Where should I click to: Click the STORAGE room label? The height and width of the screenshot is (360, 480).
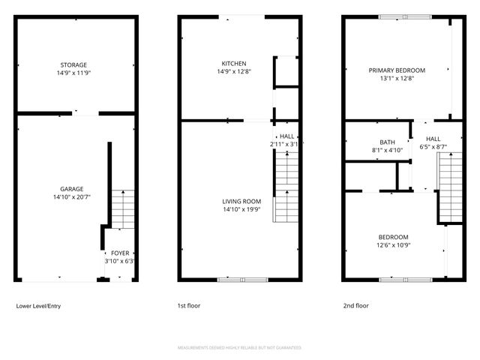73,65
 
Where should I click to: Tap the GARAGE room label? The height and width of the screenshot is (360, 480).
72,189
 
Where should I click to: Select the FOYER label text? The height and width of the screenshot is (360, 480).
119,253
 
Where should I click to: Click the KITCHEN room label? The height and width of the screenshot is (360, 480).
233,63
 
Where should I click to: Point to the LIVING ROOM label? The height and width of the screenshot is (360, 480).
241,201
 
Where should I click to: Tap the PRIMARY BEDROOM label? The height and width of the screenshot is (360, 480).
396,70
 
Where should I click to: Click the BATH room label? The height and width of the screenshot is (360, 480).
387,142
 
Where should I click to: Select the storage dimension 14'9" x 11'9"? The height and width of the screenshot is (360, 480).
73,73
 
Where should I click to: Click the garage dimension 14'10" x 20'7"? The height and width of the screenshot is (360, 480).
72,197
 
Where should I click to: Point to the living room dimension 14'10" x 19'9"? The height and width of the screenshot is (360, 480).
241,209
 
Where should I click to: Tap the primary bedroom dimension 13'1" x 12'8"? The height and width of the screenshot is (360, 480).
396,79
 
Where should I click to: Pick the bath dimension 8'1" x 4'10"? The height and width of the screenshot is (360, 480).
387,150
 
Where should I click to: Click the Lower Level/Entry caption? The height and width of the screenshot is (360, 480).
38,306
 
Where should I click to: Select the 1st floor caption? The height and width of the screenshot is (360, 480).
188,306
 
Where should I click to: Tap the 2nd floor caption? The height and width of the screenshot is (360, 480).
356,306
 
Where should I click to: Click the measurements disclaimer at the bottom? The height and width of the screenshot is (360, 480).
239,348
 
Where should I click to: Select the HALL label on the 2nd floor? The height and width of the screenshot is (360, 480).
433,139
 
